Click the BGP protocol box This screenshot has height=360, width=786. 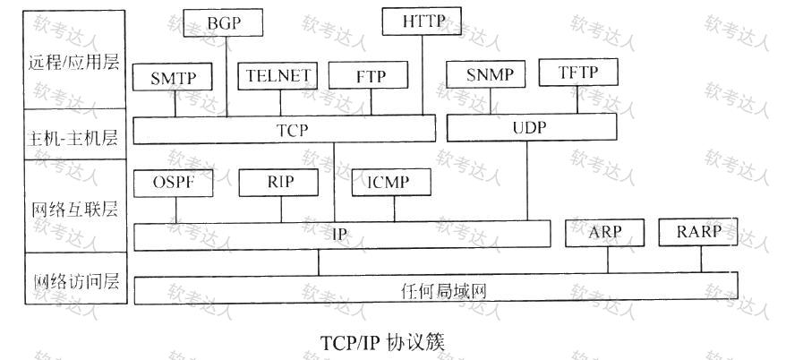pyautogui.click(x=223, y=23)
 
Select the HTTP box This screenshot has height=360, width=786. pyautogui.click(x=422, y=21)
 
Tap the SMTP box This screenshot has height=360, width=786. pyautogui.click(x=173, y=77)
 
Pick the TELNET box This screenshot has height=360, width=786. pyautogui.click(x=278, y=76)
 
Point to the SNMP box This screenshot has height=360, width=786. pyautogui.click(x=486, y=74)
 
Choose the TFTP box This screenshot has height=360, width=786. pyautogui.click(x=578, y=73)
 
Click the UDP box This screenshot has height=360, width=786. pyautogui.click(x=532, y=127)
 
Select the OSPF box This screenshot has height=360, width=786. pyautogui.click(x=173, y=183)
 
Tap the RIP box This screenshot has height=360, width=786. pyautogui.click(x=278, y=183)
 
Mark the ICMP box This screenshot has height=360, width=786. pyautogui.click(x=391, y=183)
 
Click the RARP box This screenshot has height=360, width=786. pyautogui.click(x=698, y=232)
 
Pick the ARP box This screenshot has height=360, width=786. pyautogui.click(x=604, y=233)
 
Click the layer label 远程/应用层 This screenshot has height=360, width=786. pyautogui.click(x=74, y=62)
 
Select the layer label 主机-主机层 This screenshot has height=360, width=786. pyautogui.click(x=74, y=137)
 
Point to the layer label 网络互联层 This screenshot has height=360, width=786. pyautogui.click(x=74, y=209)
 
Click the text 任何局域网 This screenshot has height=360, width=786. pyautogui.click(x=444, y=290)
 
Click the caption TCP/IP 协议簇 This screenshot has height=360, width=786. pyautogui.click(x=383, y=342)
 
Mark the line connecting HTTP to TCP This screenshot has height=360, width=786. pyautogui.click(x=422, y=75)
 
